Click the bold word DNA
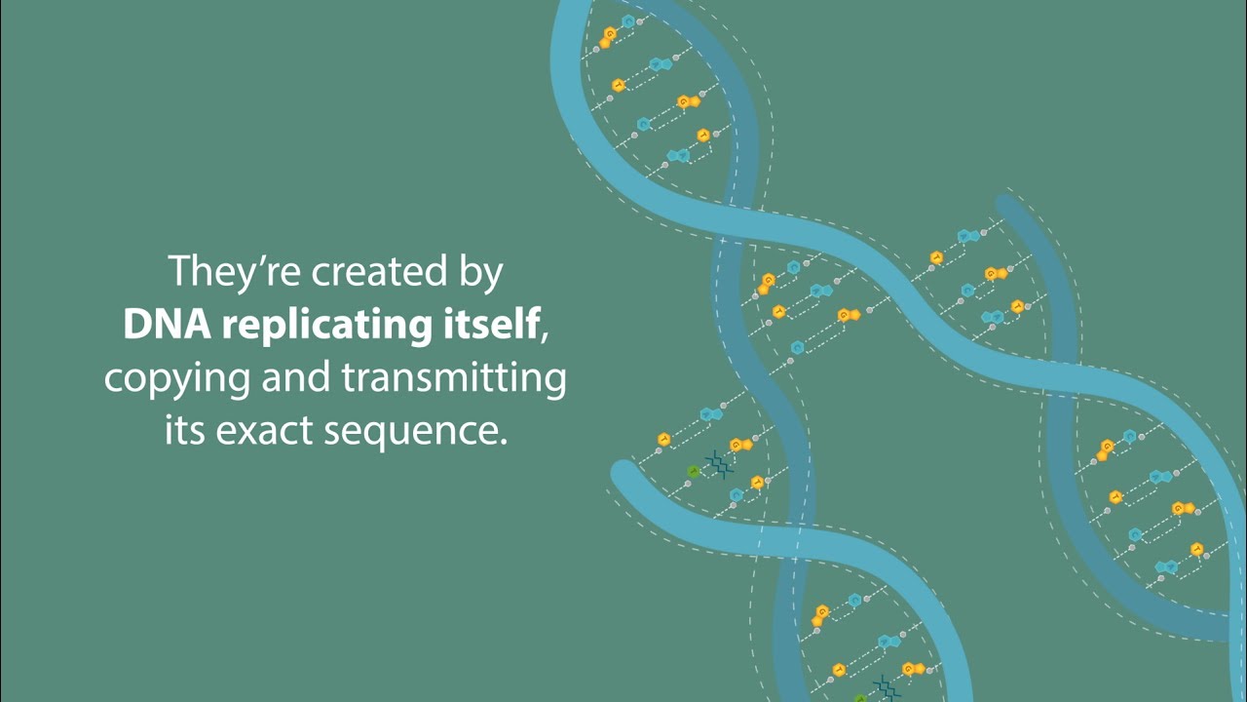click(167, 325)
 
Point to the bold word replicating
click(326, 327)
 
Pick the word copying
click(177, 380)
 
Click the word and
click(296, 376)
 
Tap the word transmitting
click(454, 380)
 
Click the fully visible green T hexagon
click(693, 472)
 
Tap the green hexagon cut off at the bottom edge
click(860, 698)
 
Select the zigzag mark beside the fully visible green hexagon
click(720, 465)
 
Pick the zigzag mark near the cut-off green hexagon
click(887, 688)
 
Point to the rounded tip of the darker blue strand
click(1006, 205)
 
